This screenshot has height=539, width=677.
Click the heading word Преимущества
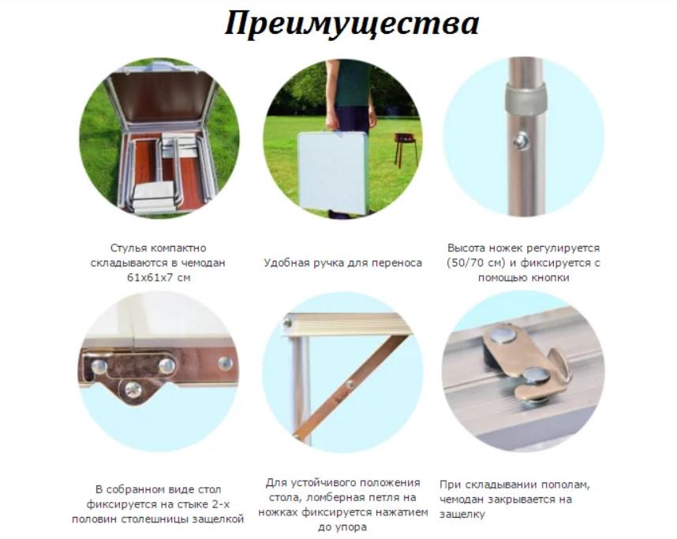pyautogui.click(x=351, y=24)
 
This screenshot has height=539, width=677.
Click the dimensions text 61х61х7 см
pyautogui.click(x=159, y=277)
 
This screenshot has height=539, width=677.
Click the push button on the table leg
pyautogui.click(x=520, y=142)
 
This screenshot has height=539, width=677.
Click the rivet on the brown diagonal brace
pyautogui.click(x=349, y=385)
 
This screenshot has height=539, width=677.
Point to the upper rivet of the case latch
pyautogui.click(x=502, y=336)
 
